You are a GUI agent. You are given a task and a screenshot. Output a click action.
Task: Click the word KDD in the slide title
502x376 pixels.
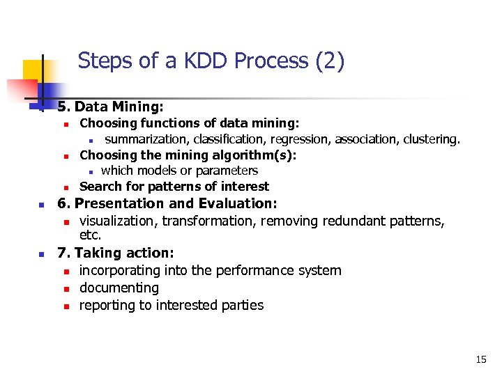(201, 61)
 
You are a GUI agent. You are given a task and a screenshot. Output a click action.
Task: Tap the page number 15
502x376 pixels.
(481, 359)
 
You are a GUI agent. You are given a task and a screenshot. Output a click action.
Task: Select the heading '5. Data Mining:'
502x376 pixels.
(110, 107)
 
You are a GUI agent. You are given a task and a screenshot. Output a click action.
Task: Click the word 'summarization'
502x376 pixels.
(147, 139)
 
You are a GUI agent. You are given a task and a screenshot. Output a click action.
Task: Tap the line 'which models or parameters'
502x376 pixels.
(179, 171)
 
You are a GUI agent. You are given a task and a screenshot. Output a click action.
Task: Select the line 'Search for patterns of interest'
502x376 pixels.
(174, 187)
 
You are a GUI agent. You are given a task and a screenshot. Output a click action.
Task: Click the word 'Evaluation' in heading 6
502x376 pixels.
(237, 203)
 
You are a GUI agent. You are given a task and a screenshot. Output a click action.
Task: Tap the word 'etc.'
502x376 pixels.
(91, 235)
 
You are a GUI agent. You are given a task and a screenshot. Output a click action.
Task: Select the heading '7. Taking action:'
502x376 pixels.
(116, 253)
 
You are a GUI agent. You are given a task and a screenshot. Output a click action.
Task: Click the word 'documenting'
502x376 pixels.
(119, 288)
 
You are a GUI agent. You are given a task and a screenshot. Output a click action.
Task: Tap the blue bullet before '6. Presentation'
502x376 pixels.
(42, 205)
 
